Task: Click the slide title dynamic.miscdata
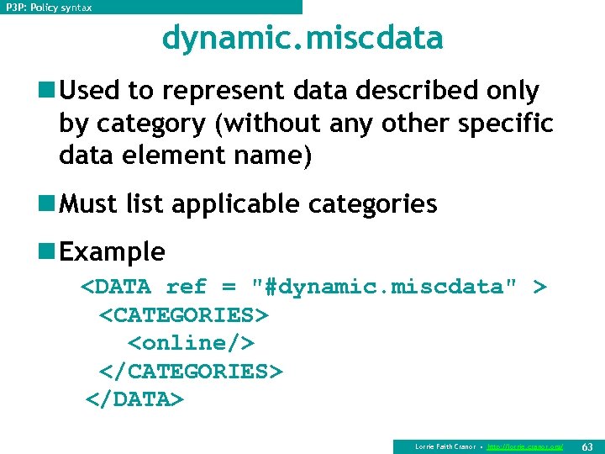(302, 39)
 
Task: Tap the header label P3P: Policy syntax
(50, 8)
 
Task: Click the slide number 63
(587, 446)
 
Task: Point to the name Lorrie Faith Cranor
(445, 446)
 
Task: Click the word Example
(113, 251)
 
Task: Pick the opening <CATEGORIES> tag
(183, 315)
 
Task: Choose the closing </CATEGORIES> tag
(191, 372)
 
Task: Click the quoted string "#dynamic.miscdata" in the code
(385, 288)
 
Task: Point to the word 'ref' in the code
(186, 288)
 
